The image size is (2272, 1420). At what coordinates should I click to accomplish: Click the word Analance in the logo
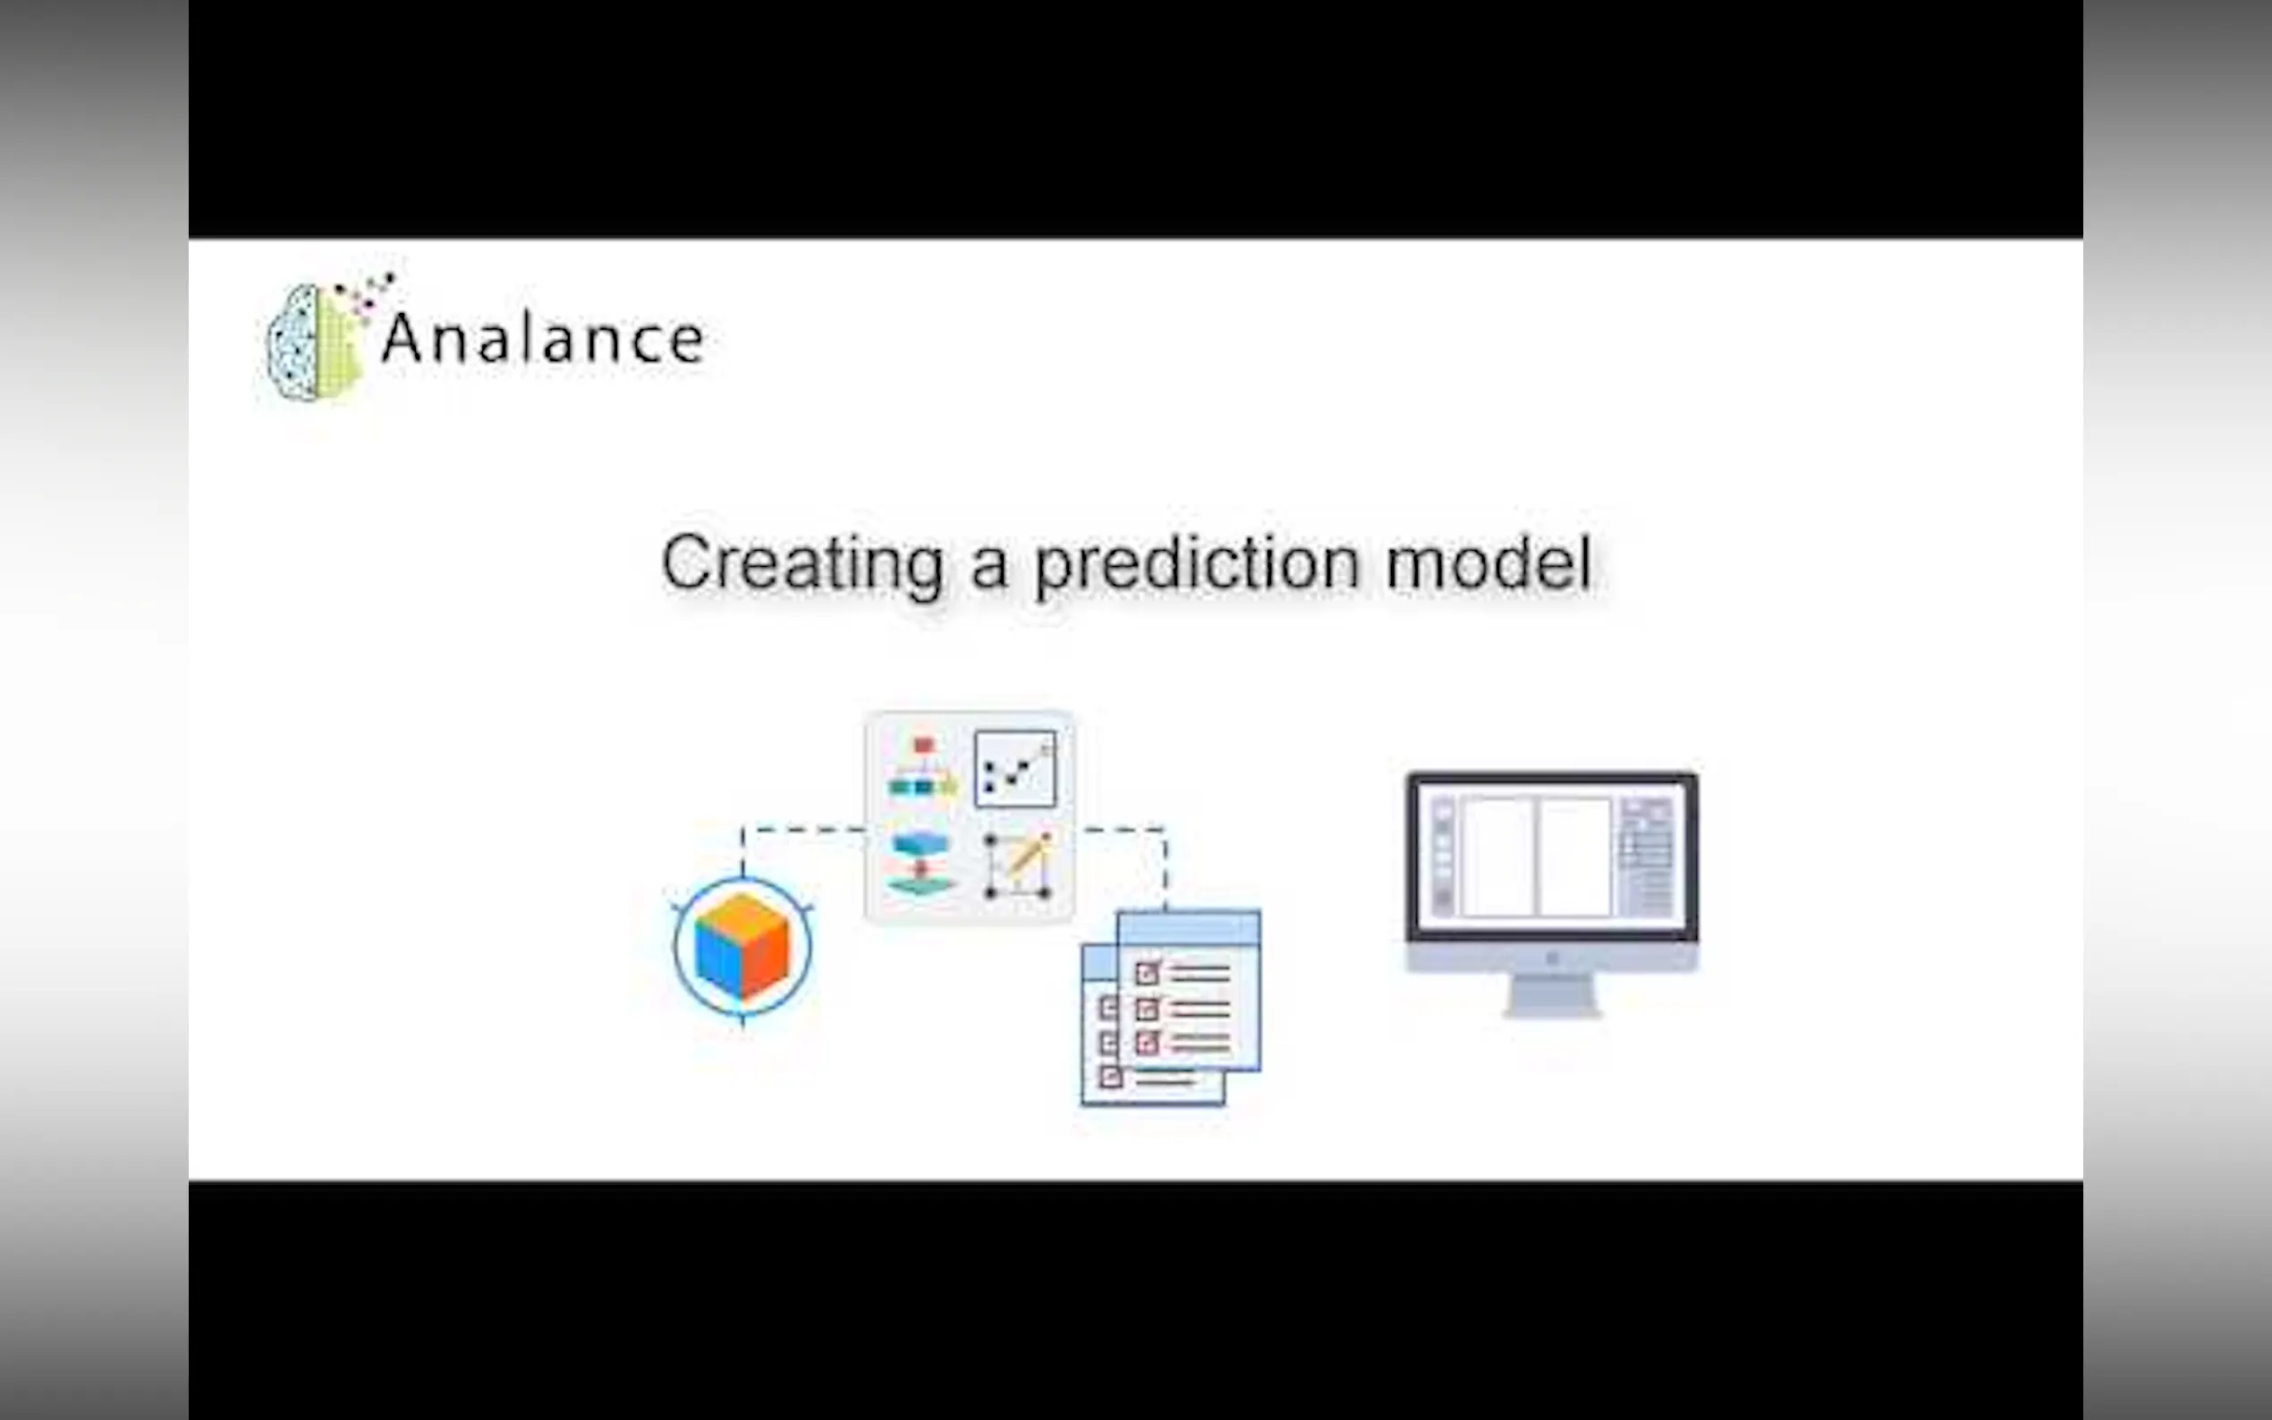pyautogui.click(x=543, y=338)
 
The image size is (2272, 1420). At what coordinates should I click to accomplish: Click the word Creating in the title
pyautogui.click(x=803, y=563)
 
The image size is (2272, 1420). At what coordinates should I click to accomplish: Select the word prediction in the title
pyautogui.click(x=1198, y=563)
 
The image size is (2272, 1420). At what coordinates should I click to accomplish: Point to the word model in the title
pyautogui.click(x=1488, y=563)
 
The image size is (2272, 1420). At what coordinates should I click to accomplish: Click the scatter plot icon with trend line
pyautogui.click(x=1015, y=769)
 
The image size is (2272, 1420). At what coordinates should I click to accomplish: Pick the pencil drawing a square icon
pyautogui.click(x=1018, y=865)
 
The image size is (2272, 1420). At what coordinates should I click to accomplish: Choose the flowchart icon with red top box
pyautogui.click(x=922, y=767)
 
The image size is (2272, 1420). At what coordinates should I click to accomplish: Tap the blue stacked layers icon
pyautogui.click(x=921, y=864)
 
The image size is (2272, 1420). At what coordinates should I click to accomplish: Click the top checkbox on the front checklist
pyautogui.click(x=1147, y=973)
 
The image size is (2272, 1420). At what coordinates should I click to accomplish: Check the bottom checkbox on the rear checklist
pyautogui.click(x=1111, y=1077)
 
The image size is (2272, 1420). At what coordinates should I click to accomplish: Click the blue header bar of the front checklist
pyautogui.click(x=1189, y=927)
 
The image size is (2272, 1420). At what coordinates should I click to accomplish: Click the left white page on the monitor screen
pyautogui.click(x=1498, y=857)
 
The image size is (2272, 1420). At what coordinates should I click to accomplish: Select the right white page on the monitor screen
pyautogui.click(x=1575, y=857)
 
